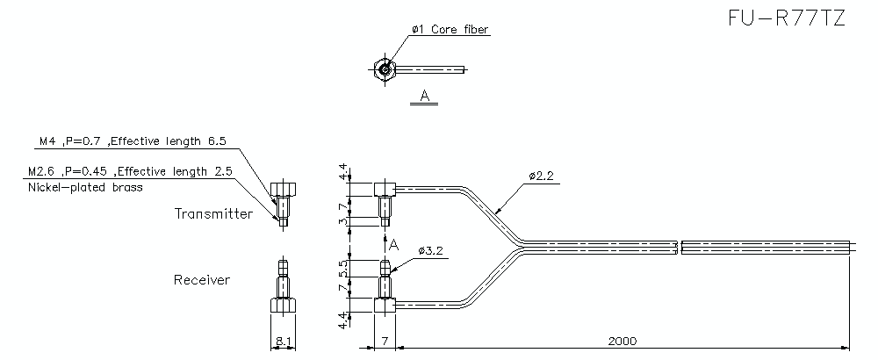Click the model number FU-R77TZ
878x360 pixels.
tap(787, 18)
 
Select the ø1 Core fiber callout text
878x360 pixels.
tap(450, 29)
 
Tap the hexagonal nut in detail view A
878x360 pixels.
tap(385, 69)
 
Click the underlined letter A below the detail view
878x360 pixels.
tap(424, 97)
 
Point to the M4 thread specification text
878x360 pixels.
tap(133, 141)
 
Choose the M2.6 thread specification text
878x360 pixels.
tap(130, 171)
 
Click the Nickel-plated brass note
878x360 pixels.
tap(85, 188)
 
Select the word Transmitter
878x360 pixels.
tap(213, 213)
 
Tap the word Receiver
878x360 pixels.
tap(202, 279)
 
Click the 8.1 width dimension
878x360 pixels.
tap(284, 341)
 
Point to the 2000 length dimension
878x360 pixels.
tap(623, 341)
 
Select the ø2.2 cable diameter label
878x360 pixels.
tap(541, 176)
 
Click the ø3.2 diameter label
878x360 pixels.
tap(430, 251)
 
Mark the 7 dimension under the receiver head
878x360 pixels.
tap(385, 341)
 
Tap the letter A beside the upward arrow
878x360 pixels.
tap(394, 245)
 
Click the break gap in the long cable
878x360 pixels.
tap(680, 248)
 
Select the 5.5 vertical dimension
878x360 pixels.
tap(344, 268)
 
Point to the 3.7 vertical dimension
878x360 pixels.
tap(344, 214)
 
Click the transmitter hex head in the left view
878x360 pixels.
tap(283, 190)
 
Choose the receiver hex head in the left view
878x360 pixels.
tap(283, 306)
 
